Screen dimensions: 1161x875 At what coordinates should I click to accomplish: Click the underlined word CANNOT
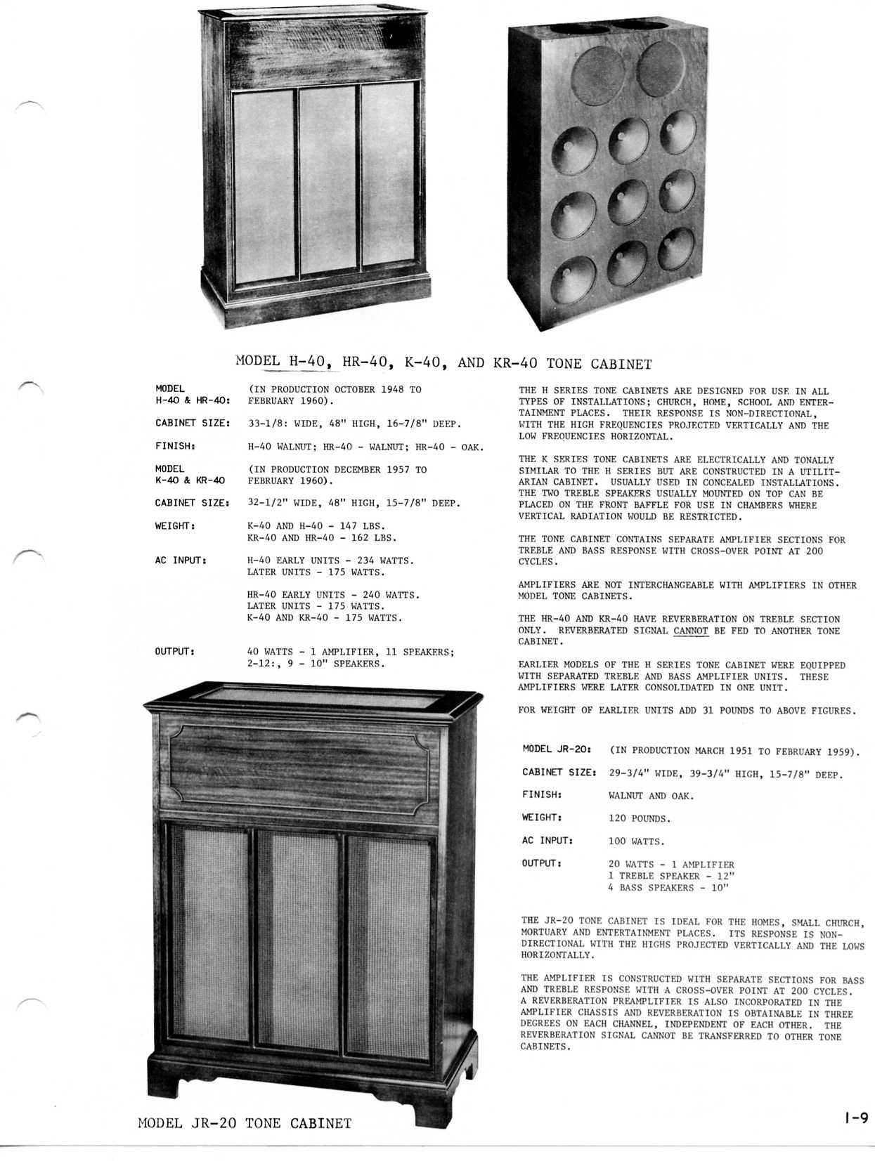690,631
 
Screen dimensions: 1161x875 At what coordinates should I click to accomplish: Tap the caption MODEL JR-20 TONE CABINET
245,1123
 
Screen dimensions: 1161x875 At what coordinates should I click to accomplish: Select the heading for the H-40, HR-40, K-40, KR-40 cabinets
443,362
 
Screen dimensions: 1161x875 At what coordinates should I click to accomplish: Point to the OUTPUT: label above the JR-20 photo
175,651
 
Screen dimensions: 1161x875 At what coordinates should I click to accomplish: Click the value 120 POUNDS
640,818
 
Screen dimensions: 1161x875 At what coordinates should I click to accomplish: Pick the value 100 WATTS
635,841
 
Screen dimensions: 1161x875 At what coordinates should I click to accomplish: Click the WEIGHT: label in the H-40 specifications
175,525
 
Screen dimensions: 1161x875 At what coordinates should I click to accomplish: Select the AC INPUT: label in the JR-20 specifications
547,840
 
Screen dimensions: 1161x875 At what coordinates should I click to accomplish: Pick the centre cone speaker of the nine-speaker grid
627,201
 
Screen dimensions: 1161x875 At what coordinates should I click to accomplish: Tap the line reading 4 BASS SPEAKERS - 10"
668,888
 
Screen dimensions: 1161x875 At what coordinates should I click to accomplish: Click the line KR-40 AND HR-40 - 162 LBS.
322,538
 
